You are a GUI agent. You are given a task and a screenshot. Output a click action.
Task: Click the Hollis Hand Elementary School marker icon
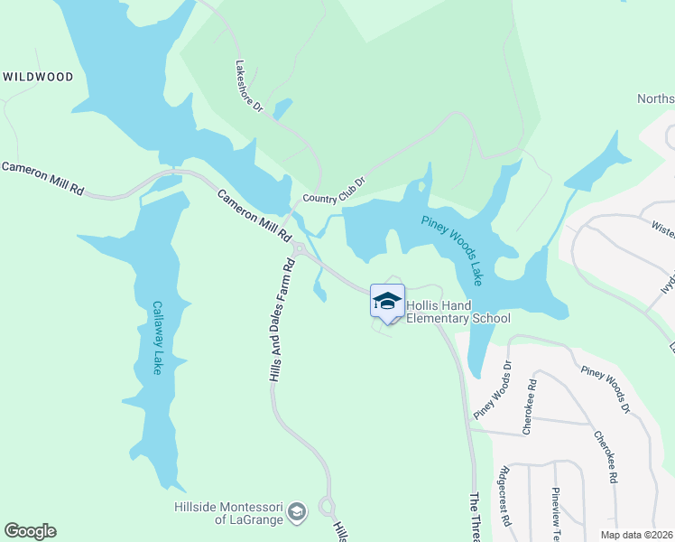[387, 302]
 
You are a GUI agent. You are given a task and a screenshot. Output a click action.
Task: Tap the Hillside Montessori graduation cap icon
[296, 513]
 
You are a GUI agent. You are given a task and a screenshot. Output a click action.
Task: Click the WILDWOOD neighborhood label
[38, 78]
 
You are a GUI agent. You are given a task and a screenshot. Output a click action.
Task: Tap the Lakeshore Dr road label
[248, 87]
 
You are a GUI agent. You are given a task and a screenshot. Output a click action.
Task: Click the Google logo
[31, 531]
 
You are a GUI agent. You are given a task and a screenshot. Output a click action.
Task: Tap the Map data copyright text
[636, 534]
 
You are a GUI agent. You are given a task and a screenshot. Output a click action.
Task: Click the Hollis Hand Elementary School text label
[458, 313]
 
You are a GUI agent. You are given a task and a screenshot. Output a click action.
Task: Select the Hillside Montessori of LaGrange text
[236, 512]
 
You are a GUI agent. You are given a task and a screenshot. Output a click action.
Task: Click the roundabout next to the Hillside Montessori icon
[326, 508]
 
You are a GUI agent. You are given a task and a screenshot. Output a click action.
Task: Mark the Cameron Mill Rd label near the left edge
[42, 178]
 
